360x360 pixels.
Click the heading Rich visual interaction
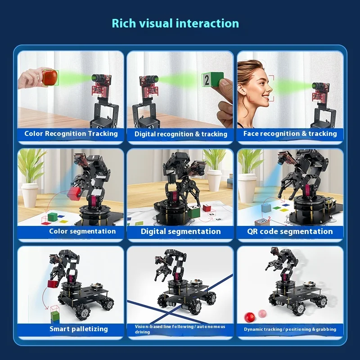175,23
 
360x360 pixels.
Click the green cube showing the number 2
212,80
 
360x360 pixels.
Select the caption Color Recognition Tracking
71,134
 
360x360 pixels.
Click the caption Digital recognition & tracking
181,134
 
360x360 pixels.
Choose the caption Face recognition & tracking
290,134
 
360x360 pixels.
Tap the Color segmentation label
82,231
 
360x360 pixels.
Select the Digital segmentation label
181,231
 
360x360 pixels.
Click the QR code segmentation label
290,231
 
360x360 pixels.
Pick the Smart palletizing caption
79,329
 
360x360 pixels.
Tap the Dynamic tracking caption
290,329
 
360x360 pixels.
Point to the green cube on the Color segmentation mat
53,217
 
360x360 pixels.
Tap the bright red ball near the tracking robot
249,317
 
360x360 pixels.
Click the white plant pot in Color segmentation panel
30,195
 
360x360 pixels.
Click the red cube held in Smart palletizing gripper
53,284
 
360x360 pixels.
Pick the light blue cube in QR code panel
266,208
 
